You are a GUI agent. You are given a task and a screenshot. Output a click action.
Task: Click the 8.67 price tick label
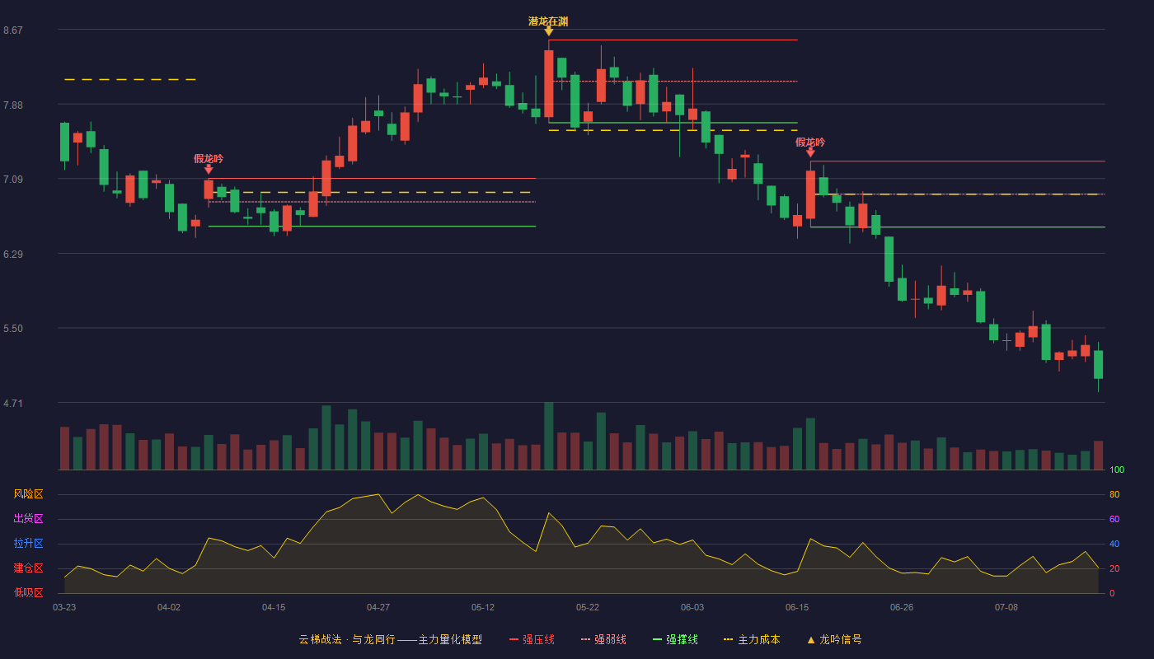click(13, 30)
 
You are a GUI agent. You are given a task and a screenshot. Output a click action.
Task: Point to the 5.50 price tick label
click(13, 329)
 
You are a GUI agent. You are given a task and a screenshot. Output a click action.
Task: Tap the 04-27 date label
click(378, 608)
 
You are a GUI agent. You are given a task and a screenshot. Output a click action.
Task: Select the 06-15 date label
click(797, 608)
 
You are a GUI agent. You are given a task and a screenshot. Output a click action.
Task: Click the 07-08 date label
click(1006, 608)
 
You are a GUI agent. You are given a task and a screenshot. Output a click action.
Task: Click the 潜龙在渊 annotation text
click(548, 21)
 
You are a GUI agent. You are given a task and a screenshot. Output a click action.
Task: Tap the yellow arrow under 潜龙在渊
click(549, 31)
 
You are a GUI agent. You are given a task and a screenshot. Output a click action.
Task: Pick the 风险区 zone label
click(28, 494)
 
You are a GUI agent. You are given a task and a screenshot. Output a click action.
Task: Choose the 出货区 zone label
click(28, 518)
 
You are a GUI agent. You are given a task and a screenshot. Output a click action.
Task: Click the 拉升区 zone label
click(28, 543)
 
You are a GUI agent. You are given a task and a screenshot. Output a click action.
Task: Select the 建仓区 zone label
click(28, 568)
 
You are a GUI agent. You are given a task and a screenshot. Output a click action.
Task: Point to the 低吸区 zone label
click(28, 592)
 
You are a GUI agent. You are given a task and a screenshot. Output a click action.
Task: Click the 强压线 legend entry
click(532, 639)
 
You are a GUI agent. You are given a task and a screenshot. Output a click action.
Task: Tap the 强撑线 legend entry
click(675, 639)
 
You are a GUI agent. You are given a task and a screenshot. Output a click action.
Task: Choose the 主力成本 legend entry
click(752, 639)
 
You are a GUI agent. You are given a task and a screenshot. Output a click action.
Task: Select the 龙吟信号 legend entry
click(834, 639)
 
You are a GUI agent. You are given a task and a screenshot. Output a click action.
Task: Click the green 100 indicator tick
click(1117, 470)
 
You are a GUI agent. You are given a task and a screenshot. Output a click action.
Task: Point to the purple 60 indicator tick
click(1114, 519)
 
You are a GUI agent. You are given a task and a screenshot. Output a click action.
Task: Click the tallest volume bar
click(549, 436)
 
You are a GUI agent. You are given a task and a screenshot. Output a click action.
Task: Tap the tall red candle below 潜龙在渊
click(549, 83)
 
